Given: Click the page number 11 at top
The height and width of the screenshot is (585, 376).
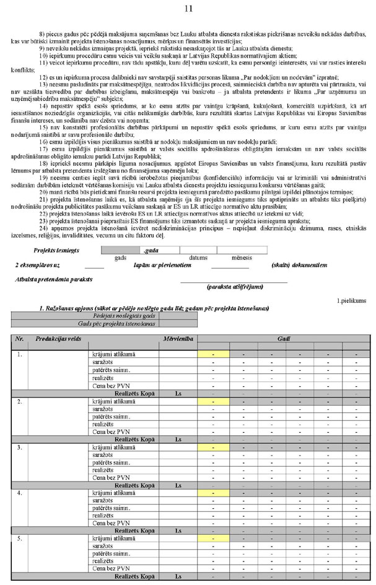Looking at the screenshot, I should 188,7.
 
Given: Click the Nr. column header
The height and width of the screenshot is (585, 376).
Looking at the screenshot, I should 20,339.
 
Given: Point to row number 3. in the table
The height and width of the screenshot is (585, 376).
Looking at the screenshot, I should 20,446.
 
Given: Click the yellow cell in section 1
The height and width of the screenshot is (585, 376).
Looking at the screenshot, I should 213,353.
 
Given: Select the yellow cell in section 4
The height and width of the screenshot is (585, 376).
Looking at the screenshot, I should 213,492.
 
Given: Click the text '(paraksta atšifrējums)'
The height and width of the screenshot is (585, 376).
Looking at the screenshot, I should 234,287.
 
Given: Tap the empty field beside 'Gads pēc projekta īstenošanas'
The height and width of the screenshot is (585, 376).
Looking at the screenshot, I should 178,323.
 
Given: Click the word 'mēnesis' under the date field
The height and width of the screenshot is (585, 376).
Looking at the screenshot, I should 242,257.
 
